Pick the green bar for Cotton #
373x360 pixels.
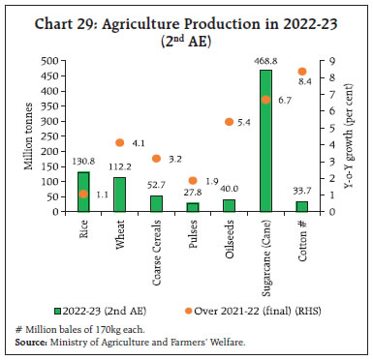[x=301, y=207]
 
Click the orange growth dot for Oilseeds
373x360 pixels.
[x=229, y=122]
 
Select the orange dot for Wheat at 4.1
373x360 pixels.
[x=120, y=143]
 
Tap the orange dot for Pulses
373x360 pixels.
[x=193, y=181]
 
